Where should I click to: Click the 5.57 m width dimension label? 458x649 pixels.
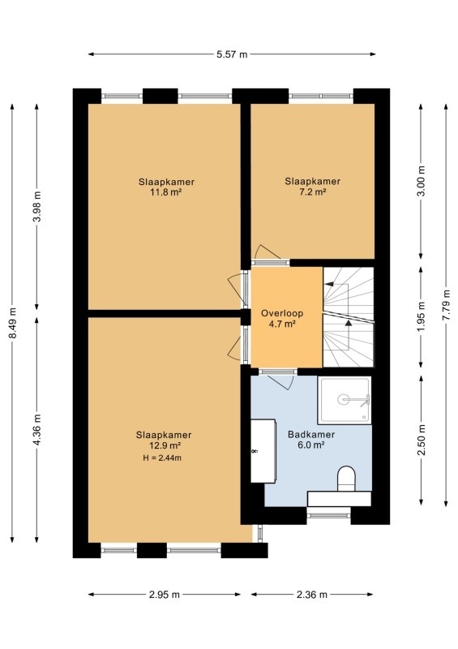pos(232,54)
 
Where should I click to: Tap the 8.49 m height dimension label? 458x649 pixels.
pos(13,323)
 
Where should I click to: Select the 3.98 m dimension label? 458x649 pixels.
pos(37,207)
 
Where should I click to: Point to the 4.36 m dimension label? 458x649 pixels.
pos(37,430)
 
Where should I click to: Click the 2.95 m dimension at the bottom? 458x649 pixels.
pos(165,595)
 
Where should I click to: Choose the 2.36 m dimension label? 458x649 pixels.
pos(311,595)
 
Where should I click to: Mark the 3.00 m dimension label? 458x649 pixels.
pos(422,181)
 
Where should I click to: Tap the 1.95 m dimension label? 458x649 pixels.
pos(422,316)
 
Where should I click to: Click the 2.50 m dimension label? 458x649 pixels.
pos(422,440)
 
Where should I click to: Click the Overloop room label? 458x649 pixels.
pos(282,313)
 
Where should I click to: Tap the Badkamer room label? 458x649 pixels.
pos(311,435)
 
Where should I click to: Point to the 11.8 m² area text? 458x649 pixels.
pos(167,192)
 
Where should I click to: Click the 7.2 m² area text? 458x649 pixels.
pos(313,191)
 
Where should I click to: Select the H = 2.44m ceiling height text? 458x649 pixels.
pos(162,458)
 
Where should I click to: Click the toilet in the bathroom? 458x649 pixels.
pos(346,479)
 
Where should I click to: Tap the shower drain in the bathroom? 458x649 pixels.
pos(343,399)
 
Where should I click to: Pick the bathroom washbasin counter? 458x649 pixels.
pos(263,451)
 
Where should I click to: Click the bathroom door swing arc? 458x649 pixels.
pos(281,383)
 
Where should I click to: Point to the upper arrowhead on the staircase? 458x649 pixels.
pos(329,284)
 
